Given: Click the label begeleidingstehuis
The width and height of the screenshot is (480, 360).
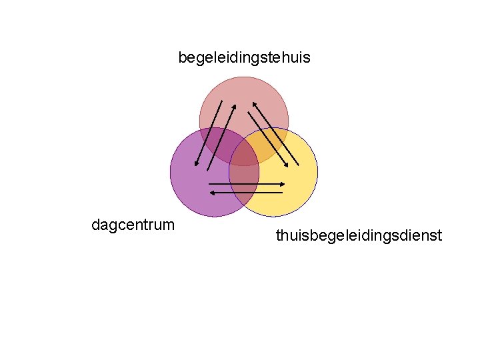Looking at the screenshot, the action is [x=244, y=58].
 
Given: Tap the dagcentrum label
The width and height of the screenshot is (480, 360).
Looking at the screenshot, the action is [x=133, y=225].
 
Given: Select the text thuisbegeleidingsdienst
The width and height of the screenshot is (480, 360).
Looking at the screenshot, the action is [x=359, y=235].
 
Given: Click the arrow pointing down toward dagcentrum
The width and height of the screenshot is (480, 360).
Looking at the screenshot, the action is [x=207, y=133].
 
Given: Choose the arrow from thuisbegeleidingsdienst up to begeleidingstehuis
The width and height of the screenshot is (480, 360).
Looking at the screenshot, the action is [x=276, y=133].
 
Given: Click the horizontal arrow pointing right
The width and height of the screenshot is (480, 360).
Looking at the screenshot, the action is [x=247, y=183].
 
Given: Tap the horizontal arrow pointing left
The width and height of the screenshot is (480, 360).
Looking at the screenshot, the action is [x=245, y=193].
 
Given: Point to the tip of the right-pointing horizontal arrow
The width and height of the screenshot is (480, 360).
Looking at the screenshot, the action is [x=284, y=183].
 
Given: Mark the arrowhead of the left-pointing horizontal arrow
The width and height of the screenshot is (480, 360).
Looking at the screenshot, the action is [x=211, y=193].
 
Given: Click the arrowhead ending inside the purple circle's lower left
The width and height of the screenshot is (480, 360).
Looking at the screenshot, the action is [x=196, y=163].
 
